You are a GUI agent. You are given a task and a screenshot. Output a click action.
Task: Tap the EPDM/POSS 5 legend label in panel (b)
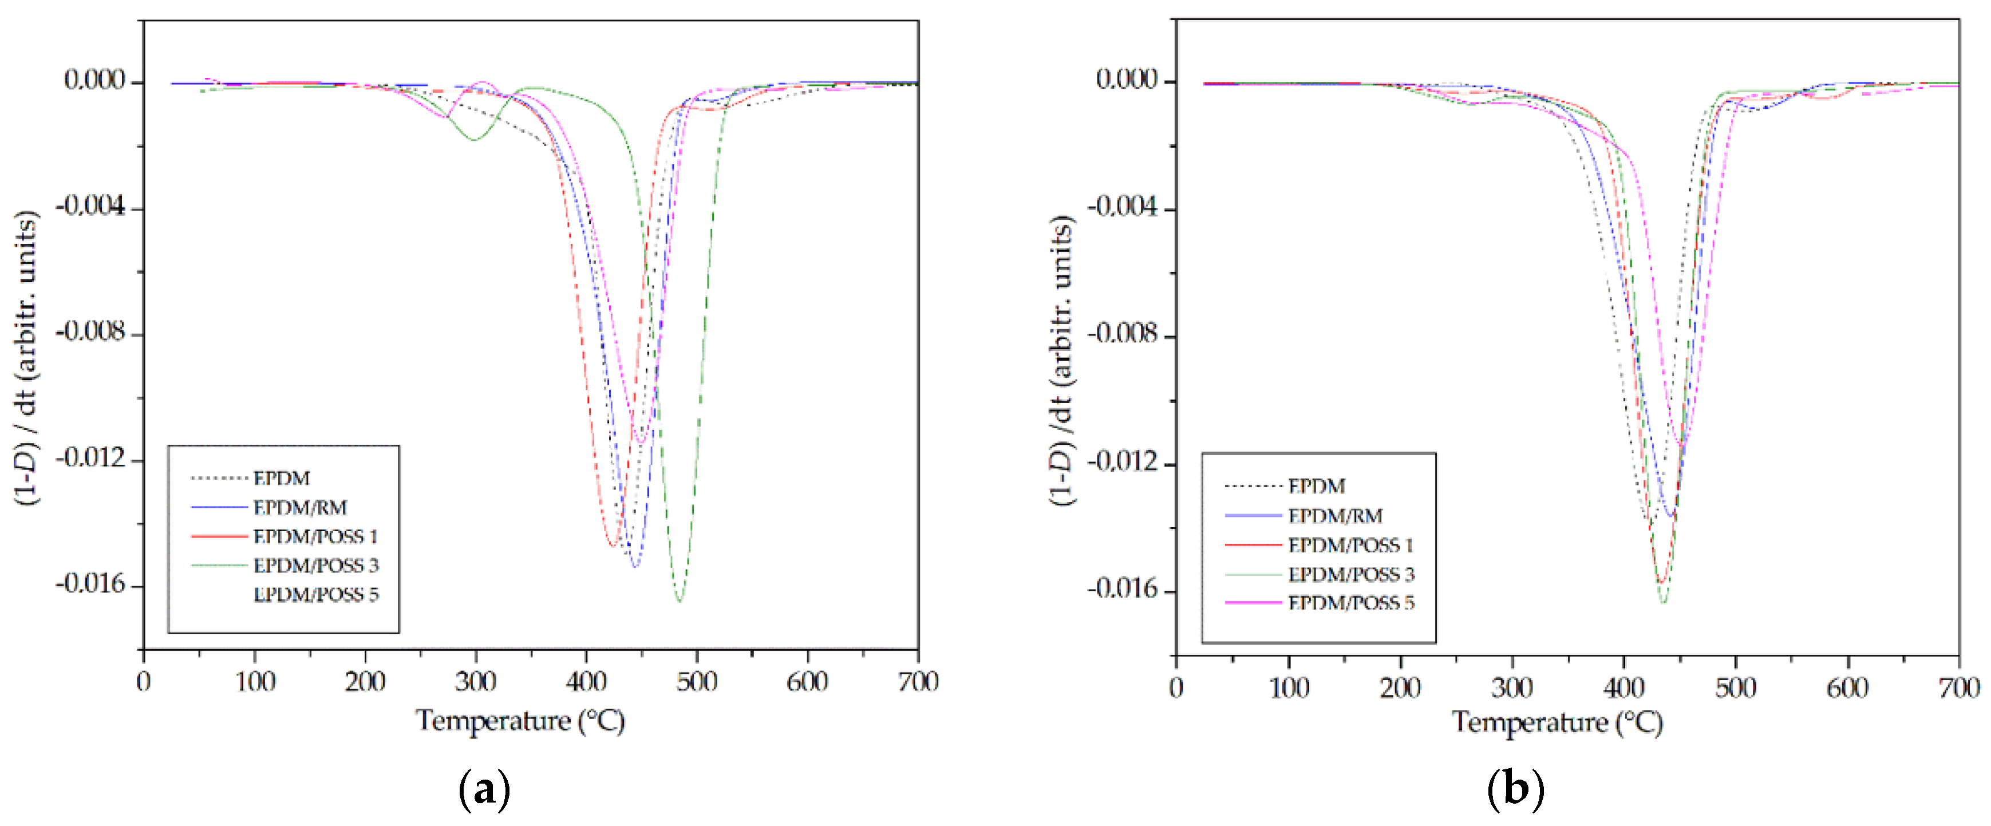tap(1350, 603)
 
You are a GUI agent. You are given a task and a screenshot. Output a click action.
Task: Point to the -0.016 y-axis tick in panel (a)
tap(90, 584)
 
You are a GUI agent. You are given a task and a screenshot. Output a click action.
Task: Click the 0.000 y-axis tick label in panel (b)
tap(1126, 79)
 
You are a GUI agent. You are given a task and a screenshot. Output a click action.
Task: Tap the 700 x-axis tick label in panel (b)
tap(1958, 687)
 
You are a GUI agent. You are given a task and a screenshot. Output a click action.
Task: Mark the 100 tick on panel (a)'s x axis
tap(254, 682)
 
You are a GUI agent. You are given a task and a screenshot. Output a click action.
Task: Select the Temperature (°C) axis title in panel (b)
tap(1557, 722)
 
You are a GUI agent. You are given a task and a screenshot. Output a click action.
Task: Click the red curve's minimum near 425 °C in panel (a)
tap(612, 546)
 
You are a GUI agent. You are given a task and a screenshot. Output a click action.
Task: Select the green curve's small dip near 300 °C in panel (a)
tap(474, 140)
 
